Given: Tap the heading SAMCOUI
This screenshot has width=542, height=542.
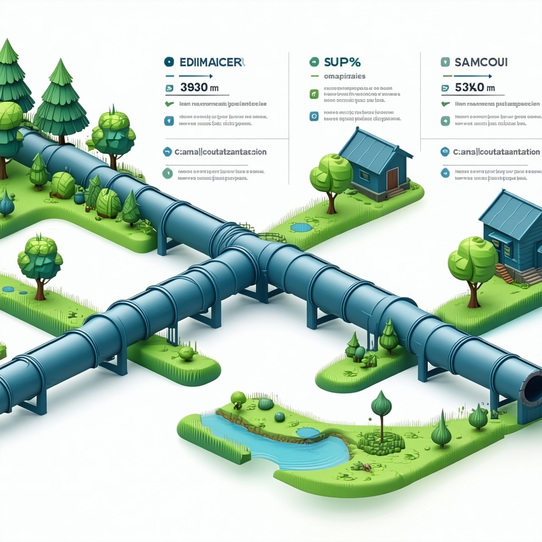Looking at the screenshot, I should click(481, 62).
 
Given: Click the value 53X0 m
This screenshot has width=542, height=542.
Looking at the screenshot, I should click(474, 87).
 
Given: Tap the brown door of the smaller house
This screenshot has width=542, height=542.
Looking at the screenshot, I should click(392, 178).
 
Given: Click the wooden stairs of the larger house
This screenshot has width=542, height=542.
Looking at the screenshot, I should click(505, 273).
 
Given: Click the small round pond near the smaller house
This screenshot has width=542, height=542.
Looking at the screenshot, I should click(301, 228).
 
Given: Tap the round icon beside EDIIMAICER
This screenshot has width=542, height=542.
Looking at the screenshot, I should click(169, 62).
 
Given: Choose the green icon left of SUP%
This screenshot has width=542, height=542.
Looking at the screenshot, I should click(313, 62).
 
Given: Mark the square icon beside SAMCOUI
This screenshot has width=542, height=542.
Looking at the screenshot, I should click(445, 62).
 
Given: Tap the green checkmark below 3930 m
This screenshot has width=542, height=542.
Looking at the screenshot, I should click(169, 104).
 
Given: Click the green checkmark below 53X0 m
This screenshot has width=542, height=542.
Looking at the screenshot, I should click(445, 104).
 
